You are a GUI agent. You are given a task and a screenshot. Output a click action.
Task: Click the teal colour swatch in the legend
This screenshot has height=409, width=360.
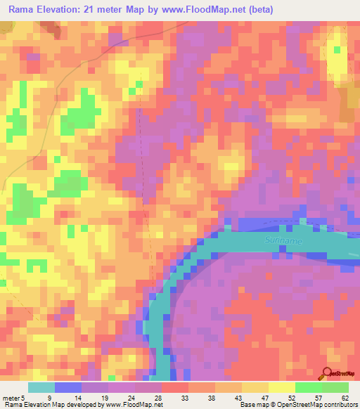point(41,387)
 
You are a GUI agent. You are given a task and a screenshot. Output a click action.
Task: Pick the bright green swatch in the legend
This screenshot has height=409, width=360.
point(309,387)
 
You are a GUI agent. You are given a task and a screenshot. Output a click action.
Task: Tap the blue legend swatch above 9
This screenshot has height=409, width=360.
point(68,387)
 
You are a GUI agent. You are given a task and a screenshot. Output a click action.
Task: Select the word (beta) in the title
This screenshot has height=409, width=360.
point(258,10)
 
